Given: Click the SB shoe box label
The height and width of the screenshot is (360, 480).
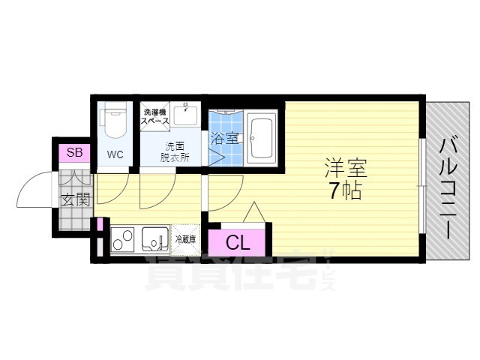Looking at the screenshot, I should click(x=74, y=153).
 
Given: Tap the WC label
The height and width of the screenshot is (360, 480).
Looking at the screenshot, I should click(x=115, y=155).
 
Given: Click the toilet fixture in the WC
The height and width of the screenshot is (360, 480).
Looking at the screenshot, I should click(x=115, y=122).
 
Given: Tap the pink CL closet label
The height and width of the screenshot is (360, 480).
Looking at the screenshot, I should click(x=237, y=242).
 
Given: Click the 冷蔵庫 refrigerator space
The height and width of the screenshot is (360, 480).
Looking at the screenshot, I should click(x=184, y=240).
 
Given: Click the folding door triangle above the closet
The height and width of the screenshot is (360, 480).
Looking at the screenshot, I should click(x=253, y=213).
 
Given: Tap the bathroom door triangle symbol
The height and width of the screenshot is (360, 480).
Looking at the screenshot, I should click(x=216, y=159).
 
